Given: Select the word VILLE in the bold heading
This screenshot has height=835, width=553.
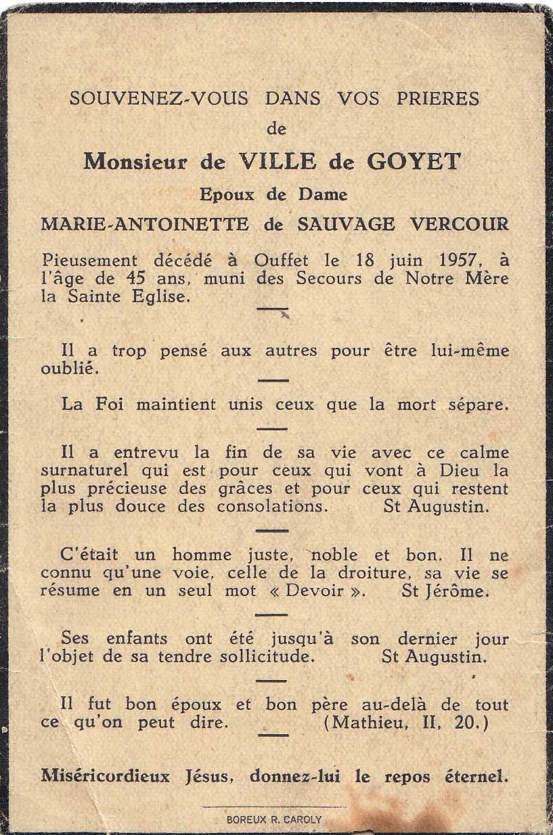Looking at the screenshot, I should tap(278, 162).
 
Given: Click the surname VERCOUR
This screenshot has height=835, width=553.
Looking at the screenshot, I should tap(459, 225).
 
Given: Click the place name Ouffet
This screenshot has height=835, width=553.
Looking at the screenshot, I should tap(282, 261).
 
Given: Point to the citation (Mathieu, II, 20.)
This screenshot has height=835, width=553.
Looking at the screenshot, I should tap(405, 722).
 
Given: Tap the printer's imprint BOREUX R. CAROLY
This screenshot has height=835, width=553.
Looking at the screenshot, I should tap(274, 819).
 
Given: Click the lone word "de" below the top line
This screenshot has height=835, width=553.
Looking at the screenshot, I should tap(277, 129).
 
